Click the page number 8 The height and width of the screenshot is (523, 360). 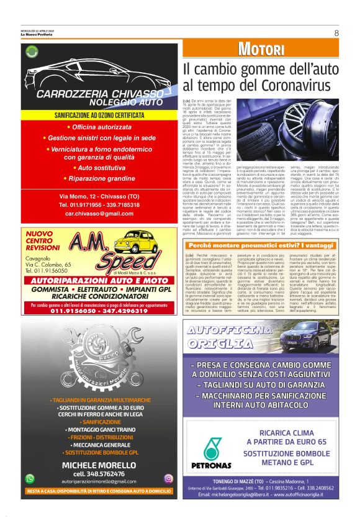click(336, 33)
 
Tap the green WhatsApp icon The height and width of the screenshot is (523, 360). click(30, 478)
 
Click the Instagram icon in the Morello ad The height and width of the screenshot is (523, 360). click(168, 478)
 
